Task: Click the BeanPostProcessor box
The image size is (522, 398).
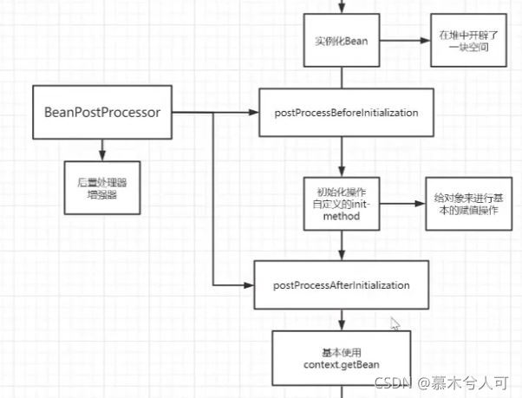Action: point(103,112)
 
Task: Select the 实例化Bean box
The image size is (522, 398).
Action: point(344,41)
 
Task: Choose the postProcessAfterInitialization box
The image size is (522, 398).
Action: point(341,285)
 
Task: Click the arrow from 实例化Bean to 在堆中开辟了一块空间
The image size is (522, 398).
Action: point(406,41)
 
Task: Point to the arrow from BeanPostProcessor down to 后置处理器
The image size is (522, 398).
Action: point(103,149)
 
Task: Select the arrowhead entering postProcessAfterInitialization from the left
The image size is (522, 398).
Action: point(251,285)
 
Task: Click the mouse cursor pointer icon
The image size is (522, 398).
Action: point(395,324)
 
